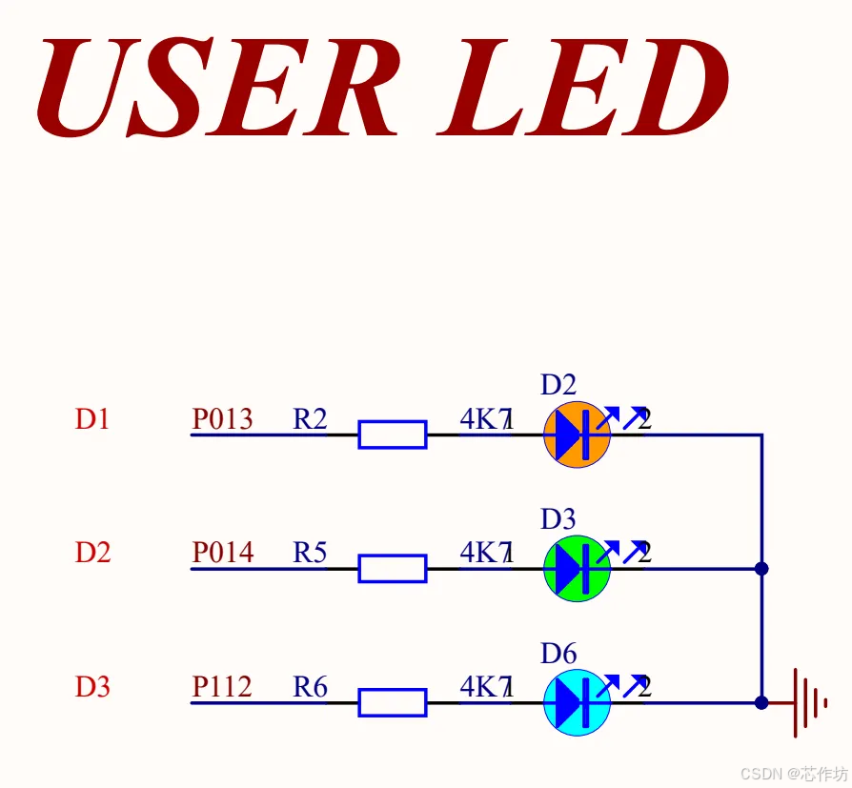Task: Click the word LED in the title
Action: coord(582,88)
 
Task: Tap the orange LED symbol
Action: coord(577,434)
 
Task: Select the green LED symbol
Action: coord(577,569)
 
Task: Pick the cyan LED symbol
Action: coord(577,703)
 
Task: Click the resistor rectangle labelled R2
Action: coord(392,434)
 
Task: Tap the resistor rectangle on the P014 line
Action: coord(392,569)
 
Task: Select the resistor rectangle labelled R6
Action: coord(392,703)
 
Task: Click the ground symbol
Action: coord(806,703)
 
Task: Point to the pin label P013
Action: coord(223,419)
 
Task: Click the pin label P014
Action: coord(223,553)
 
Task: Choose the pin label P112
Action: coord(223,687)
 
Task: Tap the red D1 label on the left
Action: coord(92,419)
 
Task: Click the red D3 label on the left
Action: coord(92,687)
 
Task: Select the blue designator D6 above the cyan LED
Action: coord(558,654)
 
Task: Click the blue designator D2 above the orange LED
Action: coord(558,385)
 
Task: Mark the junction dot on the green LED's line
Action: coord(761,569)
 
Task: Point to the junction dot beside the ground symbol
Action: coord(761,703)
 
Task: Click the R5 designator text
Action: coord(310,553)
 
